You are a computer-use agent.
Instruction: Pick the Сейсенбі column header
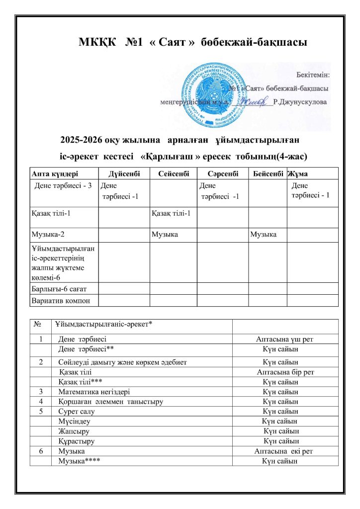click(172, 173)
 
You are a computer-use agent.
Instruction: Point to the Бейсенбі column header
click(268, 173)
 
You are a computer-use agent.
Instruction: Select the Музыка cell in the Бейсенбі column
click(264, 234)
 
